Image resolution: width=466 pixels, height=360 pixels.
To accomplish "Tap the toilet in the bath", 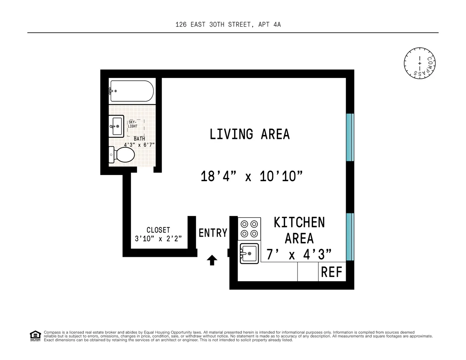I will (x=122, y=155).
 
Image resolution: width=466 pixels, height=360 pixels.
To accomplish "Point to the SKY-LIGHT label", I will (x=133, y=124).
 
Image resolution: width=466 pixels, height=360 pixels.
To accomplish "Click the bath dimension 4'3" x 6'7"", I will (x=139, y=145).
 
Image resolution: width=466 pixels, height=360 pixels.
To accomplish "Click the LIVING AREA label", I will (x=249, y=134).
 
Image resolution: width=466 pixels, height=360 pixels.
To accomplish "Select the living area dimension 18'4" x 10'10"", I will (x=251, y=177).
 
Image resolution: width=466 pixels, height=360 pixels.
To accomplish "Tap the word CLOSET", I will (x=158, y=230).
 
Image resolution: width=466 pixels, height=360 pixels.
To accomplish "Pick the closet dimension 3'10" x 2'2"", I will (x=158, y=239).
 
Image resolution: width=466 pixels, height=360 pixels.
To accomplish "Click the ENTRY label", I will (x=213, y=233).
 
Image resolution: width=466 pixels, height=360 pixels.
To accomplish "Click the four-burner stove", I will (x=249, y=228).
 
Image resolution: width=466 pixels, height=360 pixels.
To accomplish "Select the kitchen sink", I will (x=249, y=254).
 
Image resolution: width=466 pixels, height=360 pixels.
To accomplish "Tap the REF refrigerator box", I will (x=332, y=272).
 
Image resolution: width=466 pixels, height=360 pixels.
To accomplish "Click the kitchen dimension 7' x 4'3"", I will (x=299, y=254).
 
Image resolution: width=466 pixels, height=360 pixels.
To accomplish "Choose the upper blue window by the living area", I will (x=350, y=137).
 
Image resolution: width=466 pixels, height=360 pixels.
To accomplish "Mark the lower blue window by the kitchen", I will (x=350, y=237).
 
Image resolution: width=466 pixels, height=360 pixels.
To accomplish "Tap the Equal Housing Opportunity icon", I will (x=35, y=336).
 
